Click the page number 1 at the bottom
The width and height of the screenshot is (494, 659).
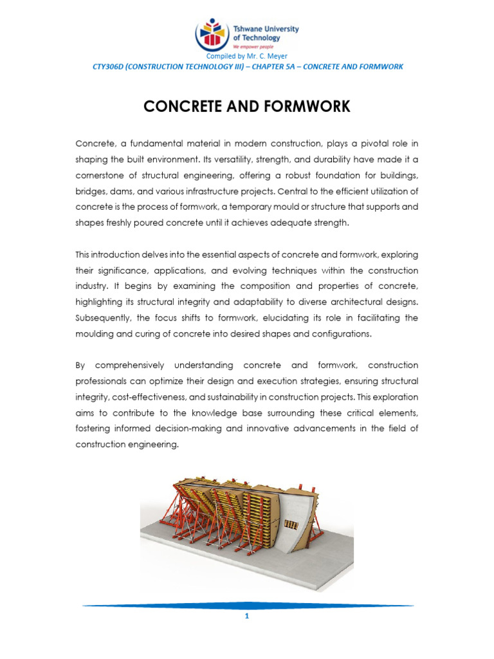click(x=247, y=616)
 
